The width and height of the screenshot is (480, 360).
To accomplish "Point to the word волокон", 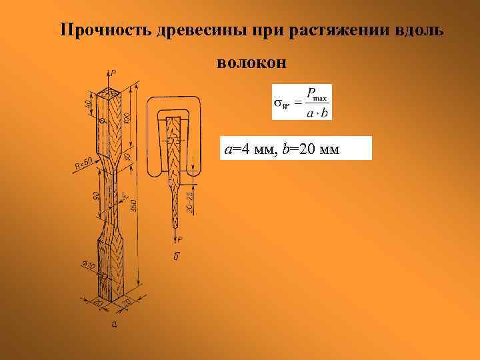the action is point(251,63).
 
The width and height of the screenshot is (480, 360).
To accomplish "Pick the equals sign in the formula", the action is point(297,103).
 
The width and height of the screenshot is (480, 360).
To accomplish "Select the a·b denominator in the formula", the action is point(316,113).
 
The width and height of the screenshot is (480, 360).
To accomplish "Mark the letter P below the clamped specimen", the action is point(180,239).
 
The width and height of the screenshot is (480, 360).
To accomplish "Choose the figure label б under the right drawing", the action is point(176,257).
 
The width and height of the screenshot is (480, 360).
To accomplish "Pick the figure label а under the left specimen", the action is point(114,325).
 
